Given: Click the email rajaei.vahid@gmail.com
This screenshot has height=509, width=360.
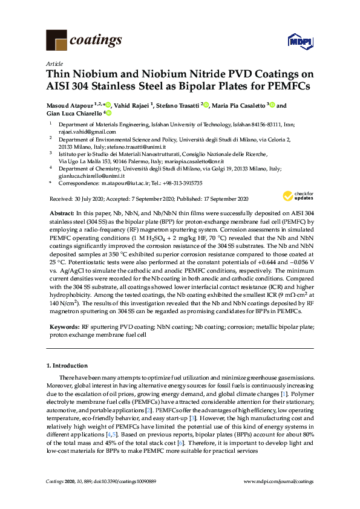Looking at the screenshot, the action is tap(81, 131).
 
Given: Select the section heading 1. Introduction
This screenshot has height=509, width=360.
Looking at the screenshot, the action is tap(68, 366).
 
